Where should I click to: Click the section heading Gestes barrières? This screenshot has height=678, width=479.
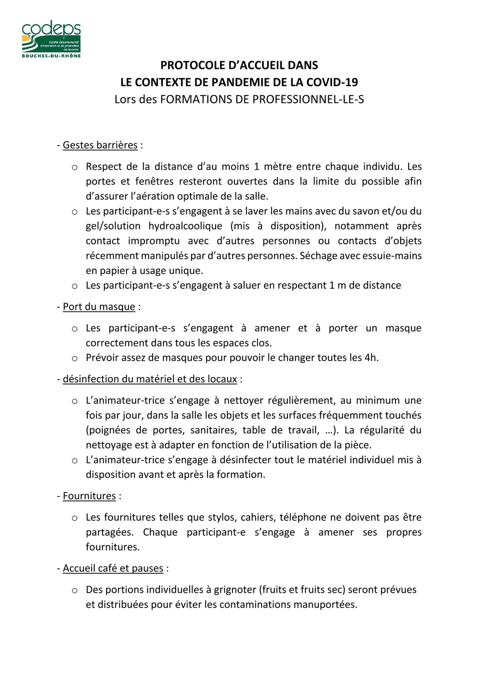100,145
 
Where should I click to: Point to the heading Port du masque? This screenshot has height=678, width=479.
99,307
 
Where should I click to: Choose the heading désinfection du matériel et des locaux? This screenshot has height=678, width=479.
150,379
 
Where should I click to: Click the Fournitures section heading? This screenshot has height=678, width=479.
89,496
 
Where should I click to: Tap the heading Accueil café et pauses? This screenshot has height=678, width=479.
113,568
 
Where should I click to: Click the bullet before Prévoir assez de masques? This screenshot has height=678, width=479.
75,359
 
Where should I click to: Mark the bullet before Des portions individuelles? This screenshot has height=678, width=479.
75,591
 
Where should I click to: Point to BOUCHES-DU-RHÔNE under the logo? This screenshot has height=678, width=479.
51,56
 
